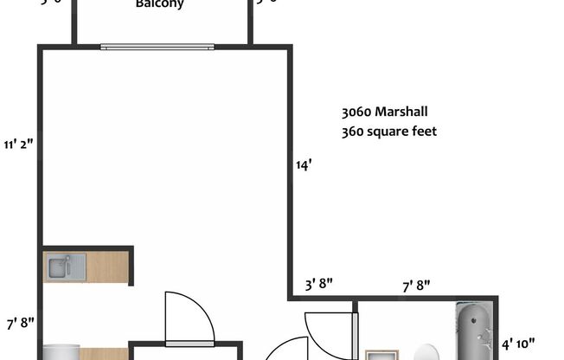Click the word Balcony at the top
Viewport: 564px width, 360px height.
point(160,4)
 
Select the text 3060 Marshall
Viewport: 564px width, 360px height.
point(384,112)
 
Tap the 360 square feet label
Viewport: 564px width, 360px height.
point(388,132)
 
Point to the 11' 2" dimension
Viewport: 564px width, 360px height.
point(18,145)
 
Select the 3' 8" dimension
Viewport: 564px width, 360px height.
point(318,285)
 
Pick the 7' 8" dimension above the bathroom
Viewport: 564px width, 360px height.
point(416,285)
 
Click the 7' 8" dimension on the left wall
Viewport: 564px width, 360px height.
point(20,323)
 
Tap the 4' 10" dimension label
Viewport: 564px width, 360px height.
point(519,343)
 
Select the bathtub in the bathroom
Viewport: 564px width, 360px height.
point(474,332)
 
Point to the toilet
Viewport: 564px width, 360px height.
point(426,352)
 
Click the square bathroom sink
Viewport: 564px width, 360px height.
point(378,355)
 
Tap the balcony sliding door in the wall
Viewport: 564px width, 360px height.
point(156,47)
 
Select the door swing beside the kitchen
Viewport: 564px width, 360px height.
point(189,317)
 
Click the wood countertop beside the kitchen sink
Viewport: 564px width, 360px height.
point(107,267)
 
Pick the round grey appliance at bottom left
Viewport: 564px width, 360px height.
point(61,352)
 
